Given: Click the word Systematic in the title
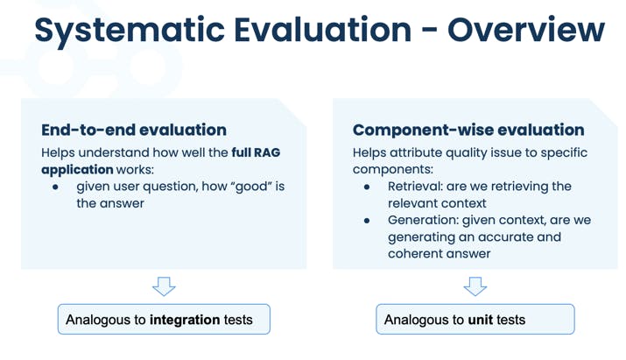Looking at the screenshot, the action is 130,31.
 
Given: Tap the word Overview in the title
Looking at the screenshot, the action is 526,30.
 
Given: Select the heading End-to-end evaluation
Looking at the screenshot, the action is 134,130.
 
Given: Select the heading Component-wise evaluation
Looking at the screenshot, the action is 468,130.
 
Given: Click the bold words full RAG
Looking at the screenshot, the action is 256,152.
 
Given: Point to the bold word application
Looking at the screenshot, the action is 77,170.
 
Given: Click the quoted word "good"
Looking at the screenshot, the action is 251,187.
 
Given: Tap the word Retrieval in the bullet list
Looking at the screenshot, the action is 415,187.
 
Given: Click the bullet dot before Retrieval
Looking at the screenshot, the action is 367,187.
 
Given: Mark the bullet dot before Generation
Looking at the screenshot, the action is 367,221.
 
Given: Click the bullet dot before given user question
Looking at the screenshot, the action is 55,187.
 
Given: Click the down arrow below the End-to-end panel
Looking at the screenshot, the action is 164,286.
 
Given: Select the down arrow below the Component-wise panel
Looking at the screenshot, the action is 475,286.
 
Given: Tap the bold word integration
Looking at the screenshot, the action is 185,320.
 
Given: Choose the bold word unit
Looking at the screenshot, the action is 481,320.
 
